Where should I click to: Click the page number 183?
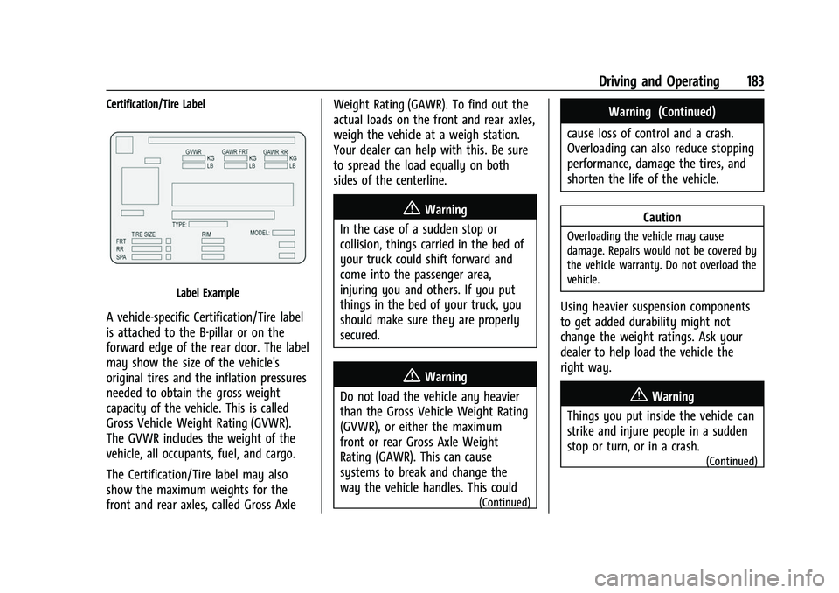pyautogui.click(x=755, y=81)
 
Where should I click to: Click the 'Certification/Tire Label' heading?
pyautogui.click(x=156, y=104)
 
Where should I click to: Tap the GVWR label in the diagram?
pyautogui.click(x=194, y=152)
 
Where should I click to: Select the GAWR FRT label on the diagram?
pyautogui.click(x=235, y=152)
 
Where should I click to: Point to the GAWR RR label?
pyautogui.click(x=275, y=152)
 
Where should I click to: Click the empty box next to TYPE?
pyautogui.click(x=208, y=225)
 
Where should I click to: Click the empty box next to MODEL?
pyautogui.click(x=283, y=233)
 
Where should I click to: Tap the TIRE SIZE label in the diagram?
pyautogui.click(x=143, y=234)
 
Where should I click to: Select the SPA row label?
pyautogui.click(x=121, y=257)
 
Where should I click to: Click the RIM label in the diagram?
pyautogui.click(x=206, y=234)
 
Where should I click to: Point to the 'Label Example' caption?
pyautogui.click(x=208, y=293)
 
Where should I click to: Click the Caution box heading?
pyautogui.click(x=662, y=217)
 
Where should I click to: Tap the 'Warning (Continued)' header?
pyautogui.click(x=662, y=112)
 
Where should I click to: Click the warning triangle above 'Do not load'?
pyautogui.click(x=412, y=376)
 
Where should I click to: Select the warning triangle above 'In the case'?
pyautogui.click(x=412, y=208)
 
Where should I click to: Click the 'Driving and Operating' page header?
pyautogui.click(x=659, y=81)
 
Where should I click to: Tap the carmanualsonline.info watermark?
pyautogui.click(x=709, y=577)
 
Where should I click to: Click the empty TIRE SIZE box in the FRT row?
pyautogui.click(x=147, y=241)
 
